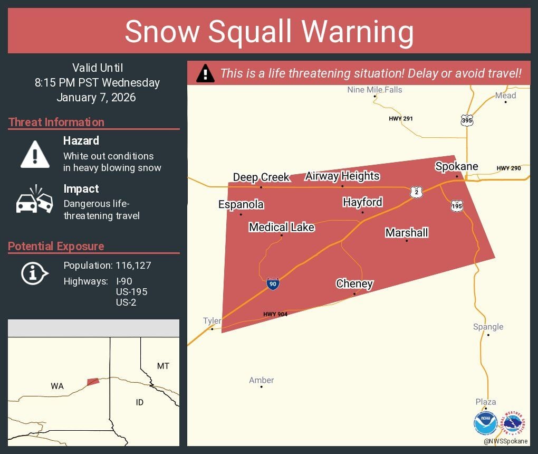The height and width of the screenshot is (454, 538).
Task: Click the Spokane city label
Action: (x=456, y=167)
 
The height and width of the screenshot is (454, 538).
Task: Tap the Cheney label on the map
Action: (x=354, y=284)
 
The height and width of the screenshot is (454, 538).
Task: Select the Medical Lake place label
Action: (x=282, y=228)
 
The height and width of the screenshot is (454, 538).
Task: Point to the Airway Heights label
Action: (x=342, y=176)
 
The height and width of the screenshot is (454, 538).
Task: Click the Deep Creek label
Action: (x=261, y=177)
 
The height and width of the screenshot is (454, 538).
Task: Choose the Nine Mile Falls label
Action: (x=374, y=90)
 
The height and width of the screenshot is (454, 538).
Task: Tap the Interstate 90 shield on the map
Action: (x=273, y=284)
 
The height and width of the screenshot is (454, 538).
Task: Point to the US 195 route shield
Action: (x=457, y=206)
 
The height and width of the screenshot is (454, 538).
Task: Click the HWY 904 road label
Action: (x=275, y=315)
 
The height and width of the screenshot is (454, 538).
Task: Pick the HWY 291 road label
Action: (x=401, y=119)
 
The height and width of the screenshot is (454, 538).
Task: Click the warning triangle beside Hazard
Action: (x=35, y=154)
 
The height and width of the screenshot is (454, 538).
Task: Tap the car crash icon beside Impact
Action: (x=35, y=200)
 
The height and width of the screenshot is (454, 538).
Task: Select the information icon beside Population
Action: (x=34, y=273)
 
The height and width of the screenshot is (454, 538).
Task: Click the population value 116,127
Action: (x=133, y=266)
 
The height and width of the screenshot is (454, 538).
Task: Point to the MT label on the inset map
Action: (x=163, y=366)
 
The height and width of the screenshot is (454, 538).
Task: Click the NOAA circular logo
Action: (x=485, y=423)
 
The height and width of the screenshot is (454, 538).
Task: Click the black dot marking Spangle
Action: (x=488, y=335)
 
